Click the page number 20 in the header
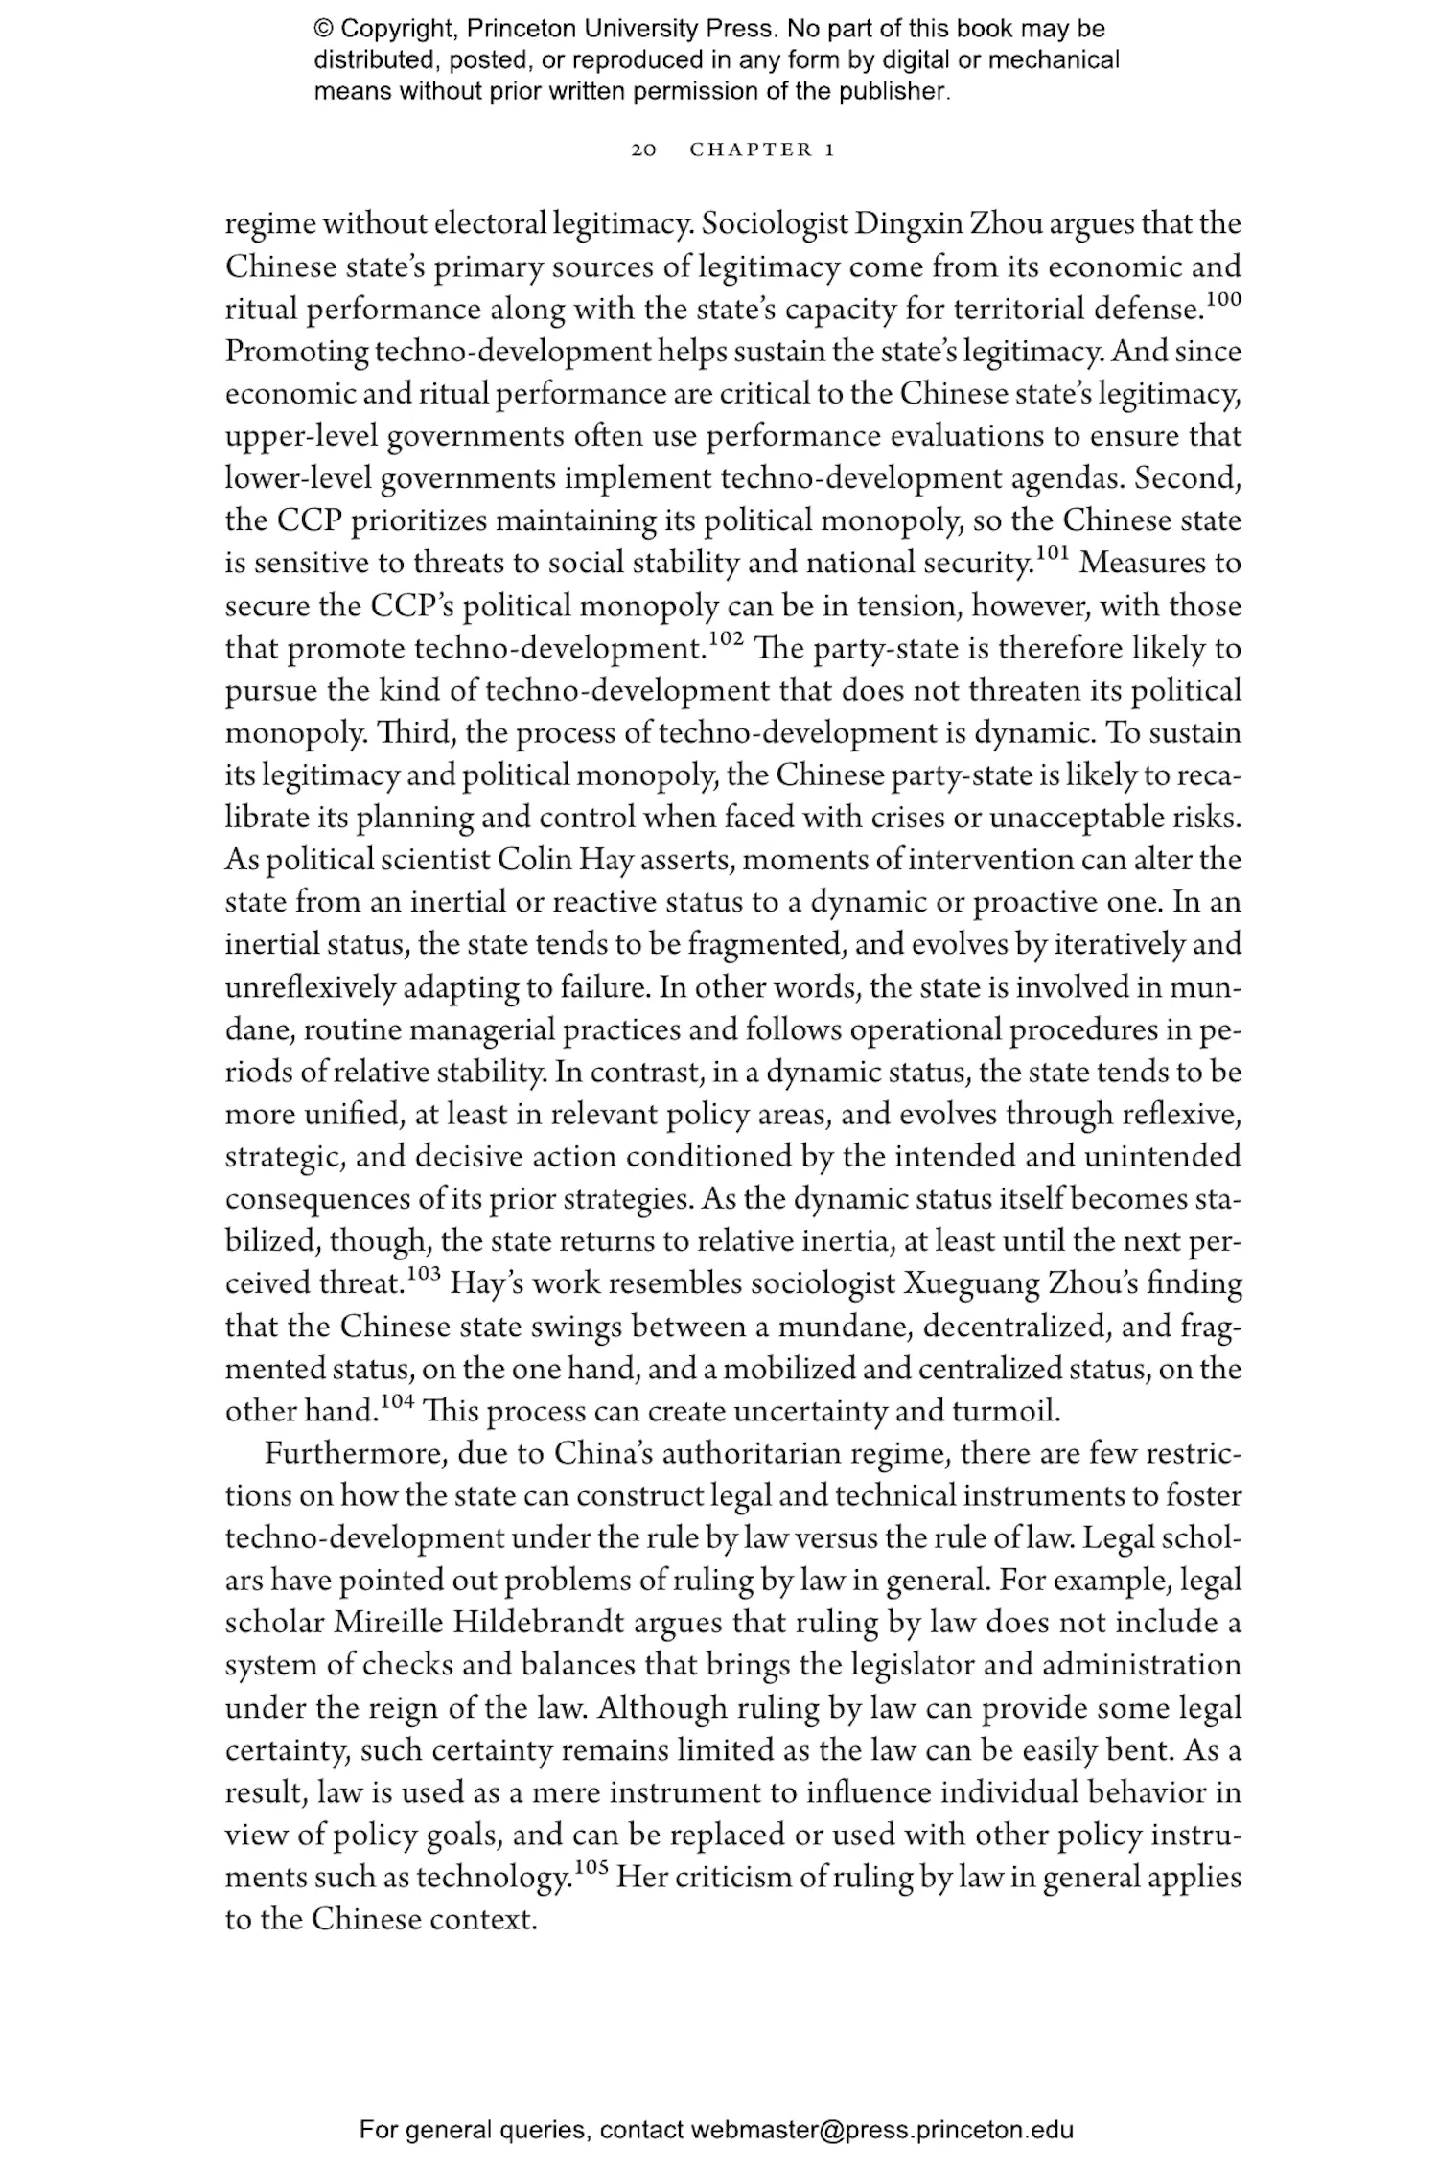click(x=643, y=150)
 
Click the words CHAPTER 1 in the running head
click(x=763, y=150)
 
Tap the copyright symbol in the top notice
click(x=323, y=29)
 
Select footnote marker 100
click(x=1222, y=300)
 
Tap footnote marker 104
click(x=396, y=1400)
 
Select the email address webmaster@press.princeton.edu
click(x=882, y=2130)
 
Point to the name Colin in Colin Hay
click(x=535, y=860)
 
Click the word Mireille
click(x=389, y=1623)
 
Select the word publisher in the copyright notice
click(x=899, y=92)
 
